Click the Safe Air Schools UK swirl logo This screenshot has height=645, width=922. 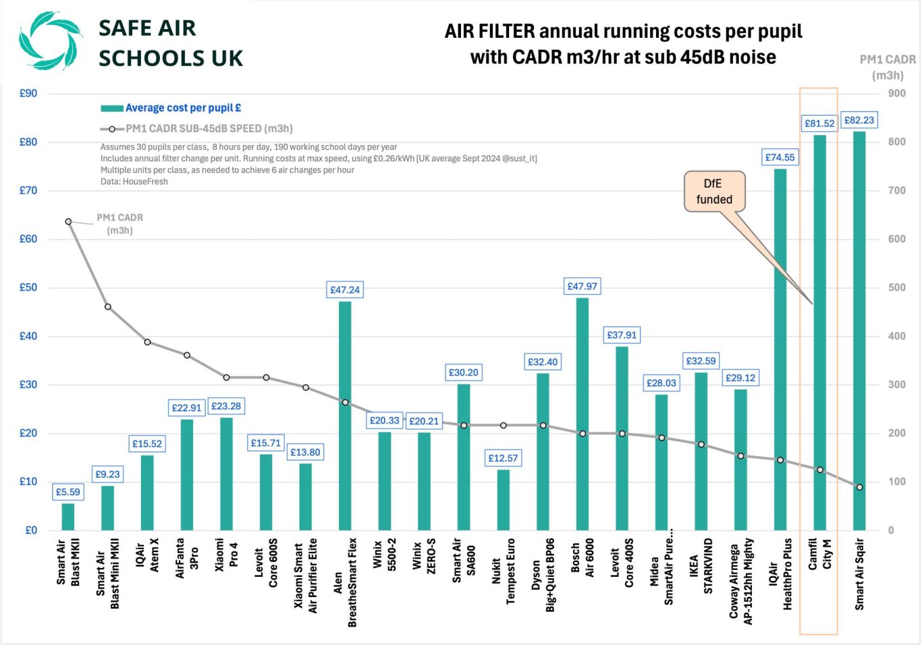(50, 40)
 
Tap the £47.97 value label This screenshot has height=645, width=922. (582, 286)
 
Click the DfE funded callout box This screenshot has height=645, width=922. (714, 191)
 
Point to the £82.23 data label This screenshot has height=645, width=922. (859, 120)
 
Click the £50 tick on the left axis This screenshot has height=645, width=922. (28, 287)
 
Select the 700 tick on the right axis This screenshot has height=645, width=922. (896, 190)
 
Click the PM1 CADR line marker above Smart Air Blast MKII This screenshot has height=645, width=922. (68, 221)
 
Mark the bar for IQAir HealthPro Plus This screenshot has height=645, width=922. (780, 351)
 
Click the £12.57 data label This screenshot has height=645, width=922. (503, 458)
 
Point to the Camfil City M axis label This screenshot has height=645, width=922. (819, 554)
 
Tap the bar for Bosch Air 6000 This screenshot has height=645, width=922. (582, 418)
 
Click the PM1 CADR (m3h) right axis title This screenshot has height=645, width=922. (887, 67)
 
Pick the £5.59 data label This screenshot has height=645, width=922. (67, 492)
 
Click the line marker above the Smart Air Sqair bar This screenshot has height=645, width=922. (859, 487)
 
